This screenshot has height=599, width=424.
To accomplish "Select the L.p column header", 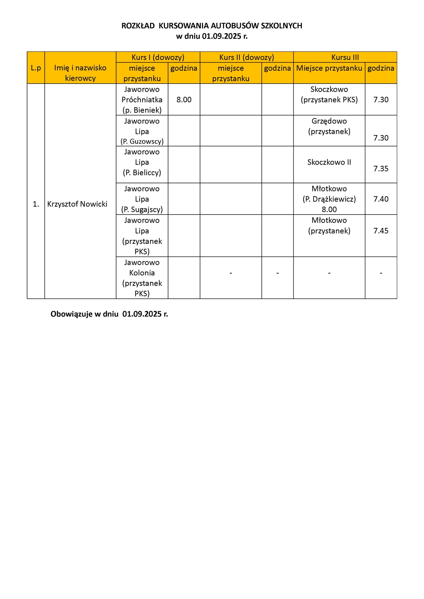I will (36, 68).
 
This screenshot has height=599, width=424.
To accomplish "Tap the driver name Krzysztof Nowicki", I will (77, 204).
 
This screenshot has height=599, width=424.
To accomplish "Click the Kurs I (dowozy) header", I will (158, 57).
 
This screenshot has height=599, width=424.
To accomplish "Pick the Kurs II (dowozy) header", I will (247, 57).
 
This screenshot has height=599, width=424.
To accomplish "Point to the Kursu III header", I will (345, 57).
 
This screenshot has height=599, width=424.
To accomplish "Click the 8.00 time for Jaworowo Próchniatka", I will (184, 100).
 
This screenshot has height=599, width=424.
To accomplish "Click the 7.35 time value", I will (381, 168).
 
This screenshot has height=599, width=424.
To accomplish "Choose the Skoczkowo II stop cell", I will (329, 162).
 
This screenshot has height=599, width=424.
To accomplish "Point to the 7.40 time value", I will (381, 199).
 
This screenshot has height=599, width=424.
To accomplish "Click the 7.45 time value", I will (381, 231).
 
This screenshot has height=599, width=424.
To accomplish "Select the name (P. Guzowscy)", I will (142, 141).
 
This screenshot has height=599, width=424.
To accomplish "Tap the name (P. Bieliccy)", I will (142, 173).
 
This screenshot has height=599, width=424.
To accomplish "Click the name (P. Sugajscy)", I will (142, 209).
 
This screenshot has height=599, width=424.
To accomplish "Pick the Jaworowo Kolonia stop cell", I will (142, 278).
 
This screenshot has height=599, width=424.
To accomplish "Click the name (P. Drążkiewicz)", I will (329, 199).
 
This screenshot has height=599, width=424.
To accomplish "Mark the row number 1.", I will (36, 204).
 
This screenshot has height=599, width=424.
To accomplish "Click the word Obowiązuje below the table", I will (71, 314).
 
